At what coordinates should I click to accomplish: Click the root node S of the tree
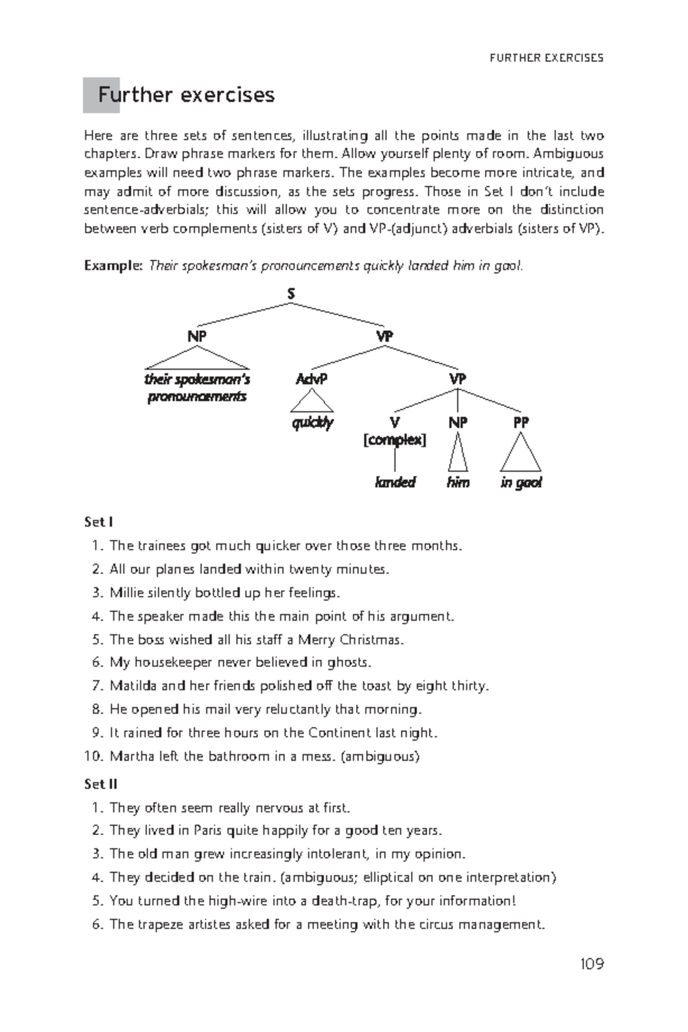(x=291, y=294)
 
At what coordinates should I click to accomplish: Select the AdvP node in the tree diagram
(x=311, y=379)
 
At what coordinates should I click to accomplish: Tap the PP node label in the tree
(x=521, y=423)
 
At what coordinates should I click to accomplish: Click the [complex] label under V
(x=394, y=440)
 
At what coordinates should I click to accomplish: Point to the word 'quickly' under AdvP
(x=312, y=423)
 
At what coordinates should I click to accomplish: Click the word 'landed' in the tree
(x=394, y=482)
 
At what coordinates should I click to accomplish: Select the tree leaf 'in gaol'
(x=521, y=482)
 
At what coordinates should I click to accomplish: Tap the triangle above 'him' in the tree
(x=458, y=453)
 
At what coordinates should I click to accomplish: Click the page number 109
(x=591, y=964)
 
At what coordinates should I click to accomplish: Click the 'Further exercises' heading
(x=186, y=95)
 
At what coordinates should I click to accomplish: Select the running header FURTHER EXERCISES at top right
(x=546, y=58)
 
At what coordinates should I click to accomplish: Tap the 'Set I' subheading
(x=98, y=522)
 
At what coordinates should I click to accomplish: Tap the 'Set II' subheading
(x=100, y=784)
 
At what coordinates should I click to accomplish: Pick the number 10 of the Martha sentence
(x=93, y=757)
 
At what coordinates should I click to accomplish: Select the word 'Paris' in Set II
(x=208, y=831)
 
